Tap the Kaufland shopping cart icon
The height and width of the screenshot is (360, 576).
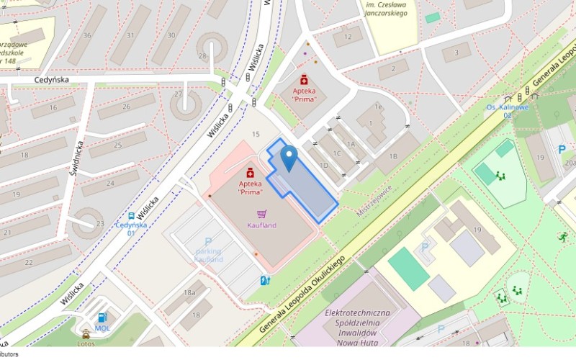(x=261, y=214)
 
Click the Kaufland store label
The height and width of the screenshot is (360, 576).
(x=261, y=225)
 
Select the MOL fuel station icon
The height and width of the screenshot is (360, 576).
(x=103, y=318)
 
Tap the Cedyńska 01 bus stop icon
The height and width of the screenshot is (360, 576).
(x=131, y=215)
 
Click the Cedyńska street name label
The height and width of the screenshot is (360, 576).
(x=50, y=81)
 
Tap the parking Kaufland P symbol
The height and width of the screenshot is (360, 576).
(x=208, y=243)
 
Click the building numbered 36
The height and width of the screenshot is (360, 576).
(x=87, y=35)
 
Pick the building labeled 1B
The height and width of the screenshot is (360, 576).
(x=393, y=156)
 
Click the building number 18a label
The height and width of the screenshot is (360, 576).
(x=189, y=293)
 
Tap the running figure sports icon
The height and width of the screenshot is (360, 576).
(x=562, y=236)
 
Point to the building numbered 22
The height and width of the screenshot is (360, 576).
(x=29, y=261)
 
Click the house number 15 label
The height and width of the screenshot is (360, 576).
(x=256, y=135)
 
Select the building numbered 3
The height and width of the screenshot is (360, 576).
(x=456, y=52)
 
